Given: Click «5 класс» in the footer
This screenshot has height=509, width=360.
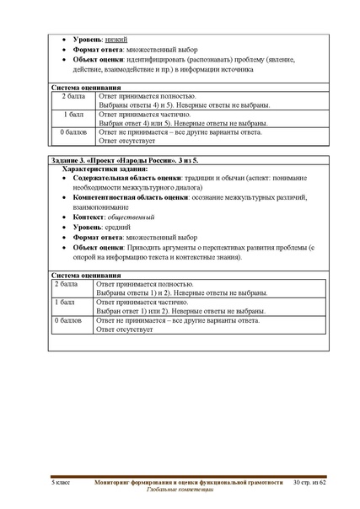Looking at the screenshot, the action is pos(62,480).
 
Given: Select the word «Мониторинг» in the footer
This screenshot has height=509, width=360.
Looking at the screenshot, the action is pos(116,480).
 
